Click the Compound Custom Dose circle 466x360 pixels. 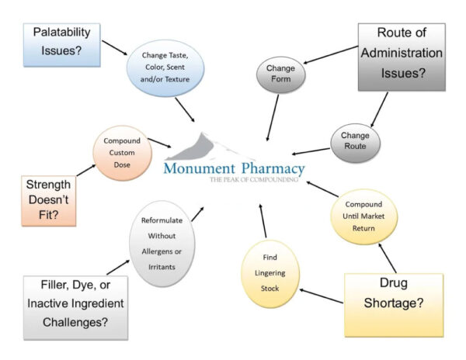tap(120, 151)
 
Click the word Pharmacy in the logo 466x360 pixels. tap(272, 168)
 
